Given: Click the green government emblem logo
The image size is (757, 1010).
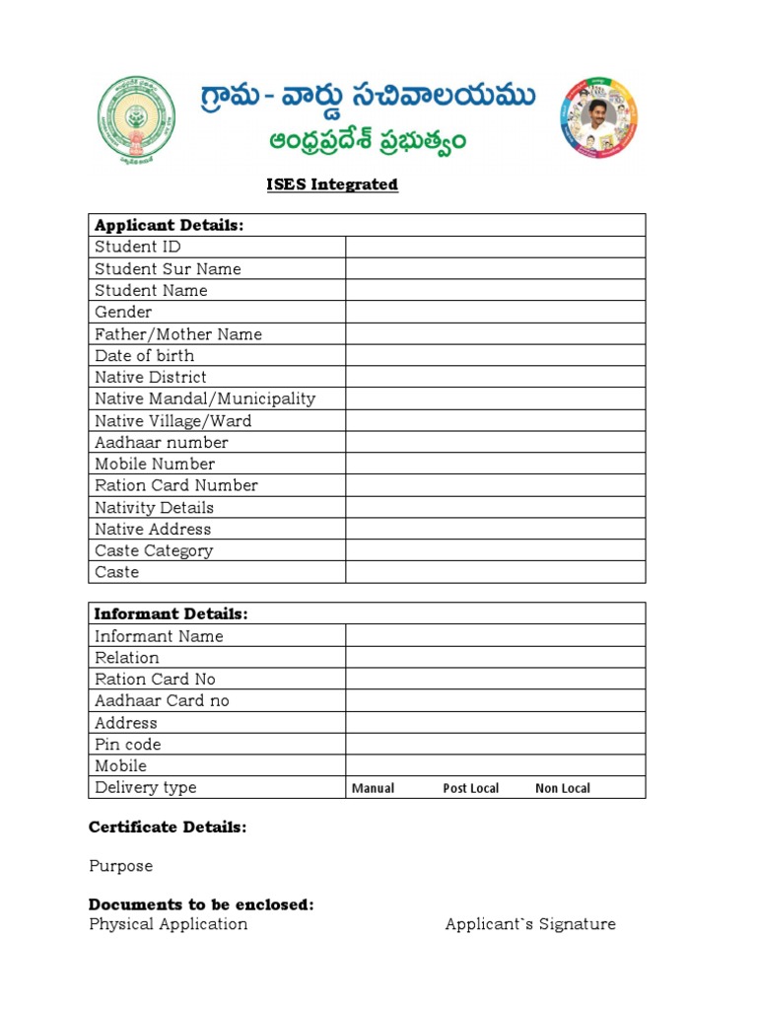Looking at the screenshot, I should (139, 117).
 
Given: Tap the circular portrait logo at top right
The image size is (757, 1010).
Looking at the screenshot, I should (598, 117).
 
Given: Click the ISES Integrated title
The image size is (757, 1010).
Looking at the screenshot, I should (332, 184).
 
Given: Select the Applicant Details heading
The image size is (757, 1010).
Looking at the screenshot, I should (169, 225).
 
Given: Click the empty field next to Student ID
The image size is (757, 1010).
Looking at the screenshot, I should (495, 247).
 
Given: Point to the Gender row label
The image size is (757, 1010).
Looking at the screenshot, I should (123, 312).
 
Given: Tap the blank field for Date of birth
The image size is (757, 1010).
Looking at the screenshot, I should (495, 355).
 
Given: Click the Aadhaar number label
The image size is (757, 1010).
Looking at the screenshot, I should (161, 442).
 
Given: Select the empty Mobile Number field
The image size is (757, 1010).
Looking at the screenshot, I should (495, 464).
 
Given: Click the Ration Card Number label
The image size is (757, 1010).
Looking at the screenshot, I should (175, 485).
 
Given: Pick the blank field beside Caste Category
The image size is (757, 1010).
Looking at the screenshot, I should (495, 550).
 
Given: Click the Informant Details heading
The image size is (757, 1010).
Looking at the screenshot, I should (171, 613).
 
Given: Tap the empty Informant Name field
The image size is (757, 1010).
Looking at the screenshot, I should (495, 636).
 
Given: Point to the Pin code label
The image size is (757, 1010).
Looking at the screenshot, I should (127, 744).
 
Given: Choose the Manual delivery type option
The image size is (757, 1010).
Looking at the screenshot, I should (373, 788).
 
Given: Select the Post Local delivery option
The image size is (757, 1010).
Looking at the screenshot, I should (470, 788).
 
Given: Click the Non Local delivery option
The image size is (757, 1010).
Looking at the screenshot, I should (563, 788).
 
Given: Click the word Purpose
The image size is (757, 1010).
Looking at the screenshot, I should (120, 866).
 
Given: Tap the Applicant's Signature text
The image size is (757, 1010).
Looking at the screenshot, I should (530, 924).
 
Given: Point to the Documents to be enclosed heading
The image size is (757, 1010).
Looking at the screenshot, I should (201, 904).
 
